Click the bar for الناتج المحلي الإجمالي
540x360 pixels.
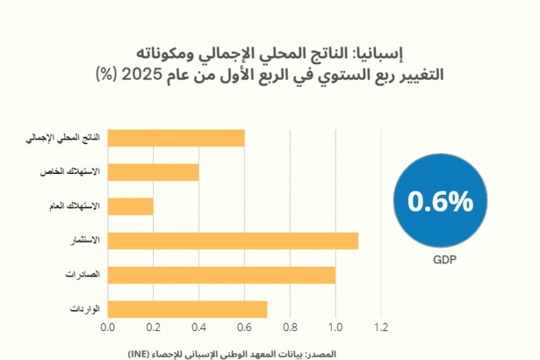pyautogui.click(x=176, y=138)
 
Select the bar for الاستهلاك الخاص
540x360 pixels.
pyautogui.click(x=153, y=172)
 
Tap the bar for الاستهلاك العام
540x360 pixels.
pyautogui.click(x=130, y=206)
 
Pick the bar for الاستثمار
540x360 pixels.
pyautogui.click(x=233, y=241)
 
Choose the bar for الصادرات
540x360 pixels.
pyautogui.click(x=221, y=275)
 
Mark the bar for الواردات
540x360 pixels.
pyautogui.click(x=187, y=309)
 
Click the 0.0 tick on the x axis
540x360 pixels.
pyautogui.click(x=108, y=328)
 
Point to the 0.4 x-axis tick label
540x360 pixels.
pyautogui.click(x=198, y=328)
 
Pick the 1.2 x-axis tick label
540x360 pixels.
pyautogui.click(x=381, y=328)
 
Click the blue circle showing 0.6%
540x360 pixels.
pyautogui.click(x=440, y=201)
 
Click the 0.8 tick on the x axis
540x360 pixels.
pyautogui.click(x=290, y=328)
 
